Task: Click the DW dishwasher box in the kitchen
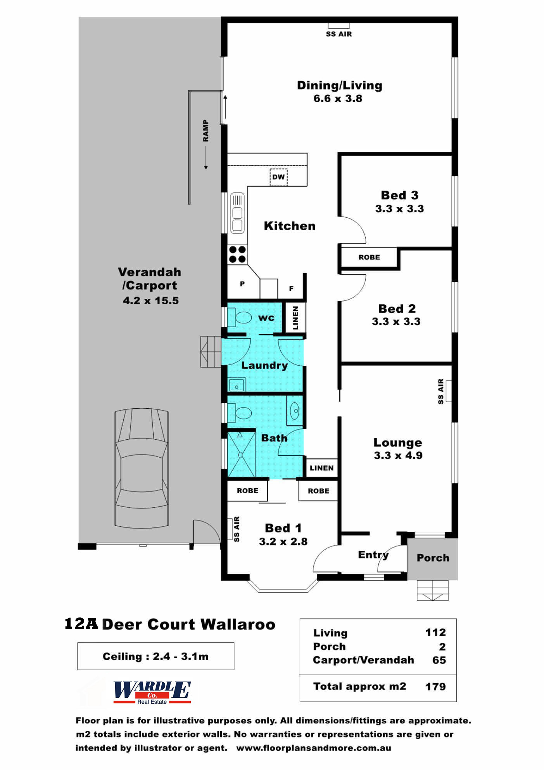point(278,177)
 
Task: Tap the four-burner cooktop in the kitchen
point(237,254)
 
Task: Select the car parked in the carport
point(142,468)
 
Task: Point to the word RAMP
point(206,130)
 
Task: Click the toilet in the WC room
point(240,317)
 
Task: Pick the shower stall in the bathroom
point(241,454)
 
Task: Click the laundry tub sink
point(236,385)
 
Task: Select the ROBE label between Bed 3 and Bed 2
point(369,257)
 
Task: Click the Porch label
point(433,558)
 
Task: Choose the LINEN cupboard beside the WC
point(295,317)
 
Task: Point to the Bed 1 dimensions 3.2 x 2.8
point(283,541)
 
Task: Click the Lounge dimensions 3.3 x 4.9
point(398,455)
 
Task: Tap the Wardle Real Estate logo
point(152,692)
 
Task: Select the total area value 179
point(435,687)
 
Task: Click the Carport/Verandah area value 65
point(439,660)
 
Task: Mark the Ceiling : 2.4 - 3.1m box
point(155,656)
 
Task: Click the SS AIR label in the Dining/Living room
point(339,34)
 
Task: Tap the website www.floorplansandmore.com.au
point(313,748)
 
